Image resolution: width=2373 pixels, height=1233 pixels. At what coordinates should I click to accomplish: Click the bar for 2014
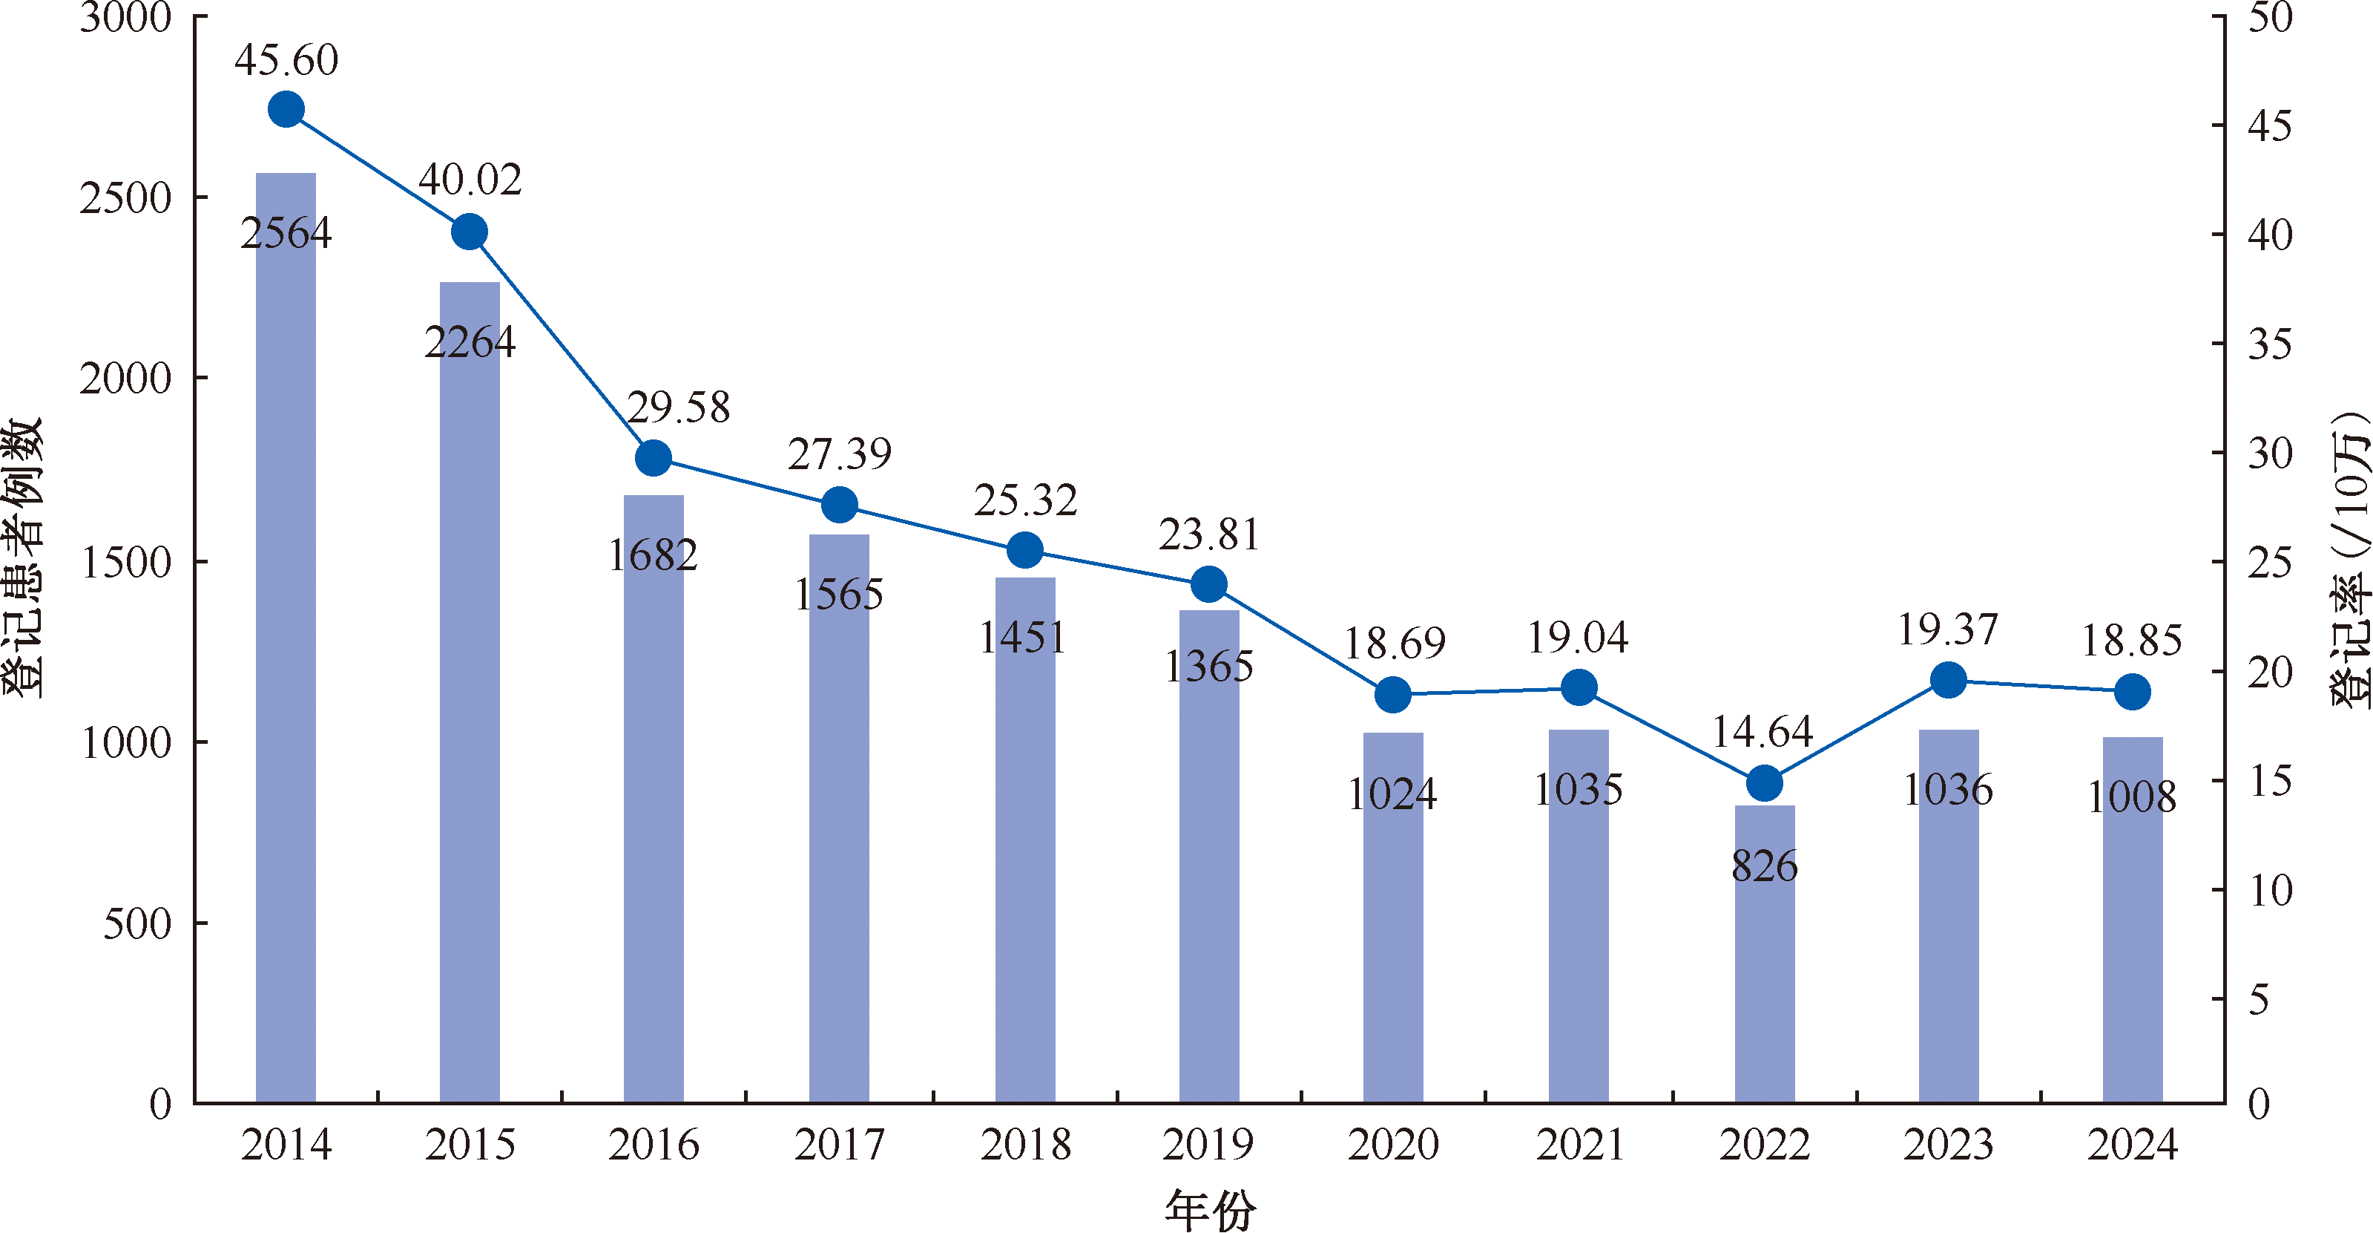pos(286,645)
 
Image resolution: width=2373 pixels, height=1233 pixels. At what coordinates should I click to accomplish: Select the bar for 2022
pos(1764,958)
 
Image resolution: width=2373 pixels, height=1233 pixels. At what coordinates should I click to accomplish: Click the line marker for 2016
pos(653,457)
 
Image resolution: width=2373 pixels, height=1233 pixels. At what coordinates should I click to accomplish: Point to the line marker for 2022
pos(1764,783)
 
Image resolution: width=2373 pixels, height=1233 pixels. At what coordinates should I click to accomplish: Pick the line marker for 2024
pos(2133,691)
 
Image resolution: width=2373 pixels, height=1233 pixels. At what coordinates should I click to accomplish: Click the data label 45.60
pos(286,61)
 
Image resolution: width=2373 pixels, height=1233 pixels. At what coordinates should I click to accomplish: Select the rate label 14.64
pos(1763,733)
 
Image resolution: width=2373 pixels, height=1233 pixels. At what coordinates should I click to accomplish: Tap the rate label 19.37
pos(1947,630)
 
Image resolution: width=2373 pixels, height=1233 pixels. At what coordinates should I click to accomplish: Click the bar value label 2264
pos(470,343)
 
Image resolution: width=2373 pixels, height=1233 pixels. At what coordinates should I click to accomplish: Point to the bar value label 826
pos(1764,866)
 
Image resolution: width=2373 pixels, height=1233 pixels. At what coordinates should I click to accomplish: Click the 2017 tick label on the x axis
pos(839,1145)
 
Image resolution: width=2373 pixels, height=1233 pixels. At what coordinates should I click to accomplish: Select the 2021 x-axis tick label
pos(1579,1145)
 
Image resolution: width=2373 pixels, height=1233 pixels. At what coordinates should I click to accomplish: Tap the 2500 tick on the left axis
pos(125,198)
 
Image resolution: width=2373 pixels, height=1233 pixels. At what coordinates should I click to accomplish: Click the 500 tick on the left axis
pos(137,923)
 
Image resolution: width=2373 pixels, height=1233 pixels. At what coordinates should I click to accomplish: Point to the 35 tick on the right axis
pos(2270,344)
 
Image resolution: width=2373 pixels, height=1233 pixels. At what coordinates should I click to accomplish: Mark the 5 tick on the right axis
pos(2259,1000)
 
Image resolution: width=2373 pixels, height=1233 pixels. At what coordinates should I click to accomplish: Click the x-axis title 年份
pos(1210,1210)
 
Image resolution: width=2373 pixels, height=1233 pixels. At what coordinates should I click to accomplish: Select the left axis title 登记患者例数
pos(24,557)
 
